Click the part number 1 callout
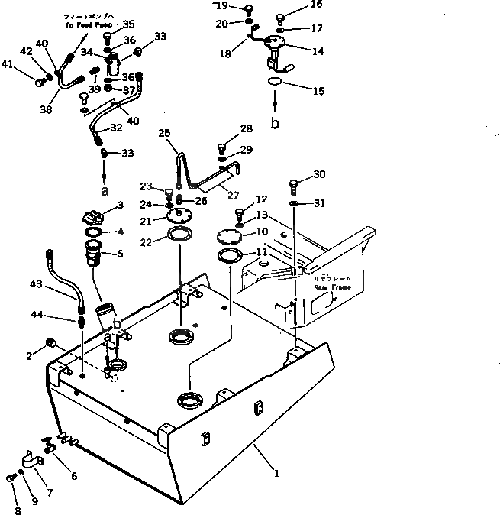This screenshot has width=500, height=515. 276,473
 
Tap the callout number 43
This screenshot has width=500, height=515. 57,284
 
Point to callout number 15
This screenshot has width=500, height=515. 318,90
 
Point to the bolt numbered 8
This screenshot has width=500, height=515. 11,477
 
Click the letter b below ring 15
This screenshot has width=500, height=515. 276,122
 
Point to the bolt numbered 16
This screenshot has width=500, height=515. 280,16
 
